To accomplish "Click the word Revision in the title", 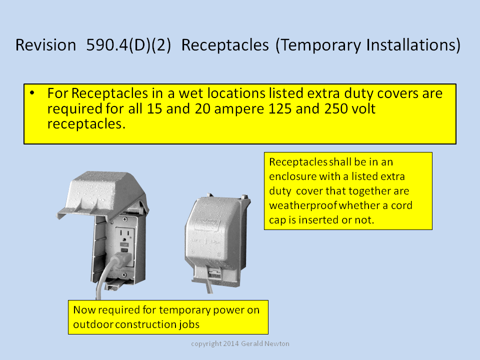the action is click(46, 45).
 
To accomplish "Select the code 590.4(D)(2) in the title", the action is click(128, 45).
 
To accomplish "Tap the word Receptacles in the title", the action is click(225, 45).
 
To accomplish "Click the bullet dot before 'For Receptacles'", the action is click(32, 92).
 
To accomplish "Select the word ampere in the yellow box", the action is click(239, 109).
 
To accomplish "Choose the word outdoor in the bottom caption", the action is click(93, 324).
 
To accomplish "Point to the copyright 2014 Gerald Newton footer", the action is click(240, 344).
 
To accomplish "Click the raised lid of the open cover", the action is click(102, 194).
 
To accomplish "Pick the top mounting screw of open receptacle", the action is click(125, 219).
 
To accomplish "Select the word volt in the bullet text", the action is click(364, 108).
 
